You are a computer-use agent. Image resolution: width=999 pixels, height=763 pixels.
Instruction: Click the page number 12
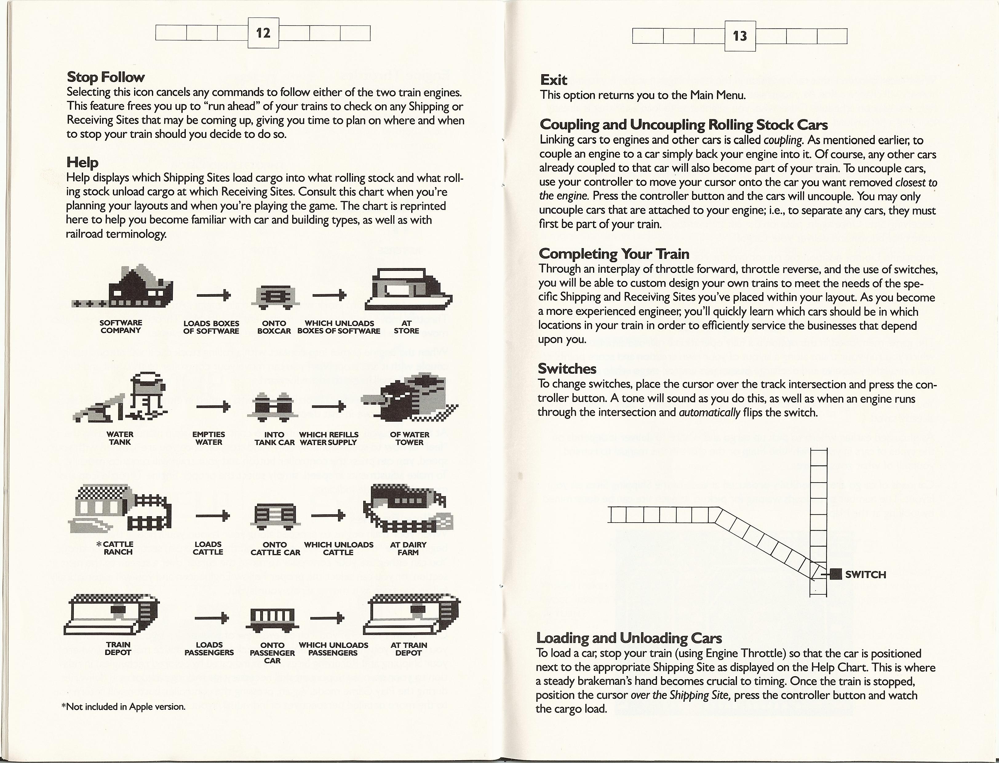pyautogui.click(x=263, y=33)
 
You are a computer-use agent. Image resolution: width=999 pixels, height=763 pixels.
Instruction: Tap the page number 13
pyautogui.click(x=740, y=36)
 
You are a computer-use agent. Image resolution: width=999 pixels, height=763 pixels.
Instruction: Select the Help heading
pyautogui.click(x=82, y=162)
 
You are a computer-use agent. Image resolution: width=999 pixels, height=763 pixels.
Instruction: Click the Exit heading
pyautogui.click(x=553, y=80)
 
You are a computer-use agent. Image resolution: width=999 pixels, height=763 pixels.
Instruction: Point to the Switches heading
pyautogui.click(x=567, y=368)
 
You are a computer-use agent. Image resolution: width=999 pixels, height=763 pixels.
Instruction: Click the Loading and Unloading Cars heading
pyautogui.click(x=629, y=638)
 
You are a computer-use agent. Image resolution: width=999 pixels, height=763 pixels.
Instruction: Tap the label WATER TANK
pyautogui.click(x=120, y=438)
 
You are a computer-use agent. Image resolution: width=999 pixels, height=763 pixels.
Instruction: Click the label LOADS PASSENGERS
pyautogui.click(x=209, y=649)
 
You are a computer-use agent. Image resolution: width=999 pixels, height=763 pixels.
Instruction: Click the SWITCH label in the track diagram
pyautogui.click(x=866, y=575)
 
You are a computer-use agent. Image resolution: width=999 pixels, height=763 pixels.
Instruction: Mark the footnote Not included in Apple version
pyautogui.click(x=123, y=707)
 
